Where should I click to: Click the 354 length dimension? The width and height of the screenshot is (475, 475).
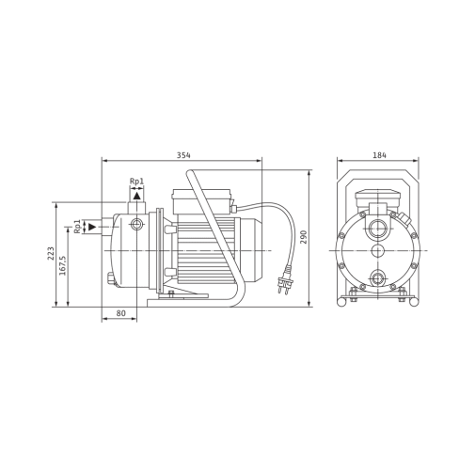point(183,155)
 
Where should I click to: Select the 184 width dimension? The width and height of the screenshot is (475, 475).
point(380,155)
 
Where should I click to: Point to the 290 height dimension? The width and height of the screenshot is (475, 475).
point(304,237)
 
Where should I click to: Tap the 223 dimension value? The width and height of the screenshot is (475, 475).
point(51,253)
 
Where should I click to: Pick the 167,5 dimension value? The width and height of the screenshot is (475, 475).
point(63,265)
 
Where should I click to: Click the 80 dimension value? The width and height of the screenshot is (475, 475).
point(121,313)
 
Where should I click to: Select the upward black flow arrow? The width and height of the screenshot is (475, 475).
point(136,196)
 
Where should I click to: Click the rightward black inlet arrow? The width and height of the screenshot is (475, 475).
point(92,227)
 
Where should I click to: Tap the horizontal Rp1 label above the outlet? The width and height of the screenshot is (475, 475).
point(136,182)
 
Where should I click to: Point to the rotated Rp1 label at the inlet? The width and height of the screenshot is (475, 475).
point(77,227)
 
